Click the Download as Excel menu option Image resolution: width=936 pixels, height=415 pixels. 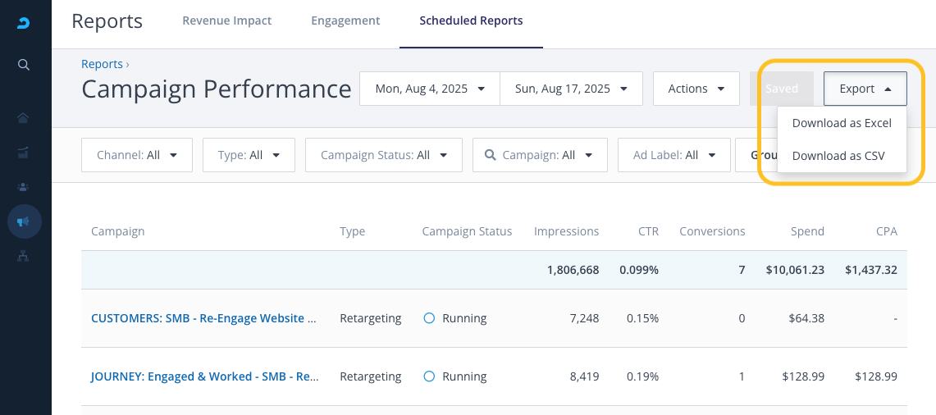point(842,123)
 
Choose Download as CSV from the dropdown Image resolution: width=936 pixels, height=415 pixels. point(838,156)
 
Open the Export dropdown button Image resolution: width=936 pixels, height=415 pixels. point(865,89)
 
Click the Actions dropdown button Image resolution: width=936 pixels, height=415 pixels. point(696,89)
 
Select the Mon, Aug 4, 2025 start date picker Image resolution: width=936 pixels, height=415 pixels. point(430,89)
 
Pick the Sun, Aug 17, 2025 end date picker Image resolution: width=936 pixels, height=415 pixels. point(571,89)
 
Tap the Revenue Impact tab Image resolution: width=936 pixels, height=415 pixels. point(227,21)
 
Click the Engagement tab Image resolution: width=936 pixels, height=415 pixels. point(345,21)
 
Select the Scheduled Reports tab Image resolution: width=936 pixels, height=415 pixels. point(471,21)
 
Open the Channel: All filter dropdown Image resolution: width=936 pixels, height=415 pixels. point(137,155)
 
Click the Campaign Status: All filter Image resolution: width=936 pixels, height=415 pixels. point(383,155)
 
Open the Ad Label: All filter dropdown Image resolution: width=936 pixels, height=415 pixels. point(674,155)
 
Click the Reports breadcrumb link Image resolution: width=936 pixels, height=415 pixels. point(102,64)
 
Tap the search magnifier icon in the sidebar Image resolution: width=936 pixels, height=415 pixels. point(24,65)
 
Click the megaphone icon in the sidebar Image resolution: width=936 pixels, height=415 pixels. point(24,221)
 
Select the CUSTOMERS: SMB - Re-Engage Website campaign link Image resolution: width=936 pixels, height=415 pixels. point(204,318)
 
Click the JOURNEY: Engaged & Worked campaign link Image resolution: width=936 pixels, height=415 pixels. point(204,376)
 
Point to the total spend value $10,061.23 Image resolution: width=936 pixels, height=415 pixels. point(795,270)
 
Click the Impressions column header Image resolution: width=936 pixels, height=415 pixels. point(567,231)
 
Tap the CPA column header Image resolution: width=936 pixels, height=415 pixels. point(887,231)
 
